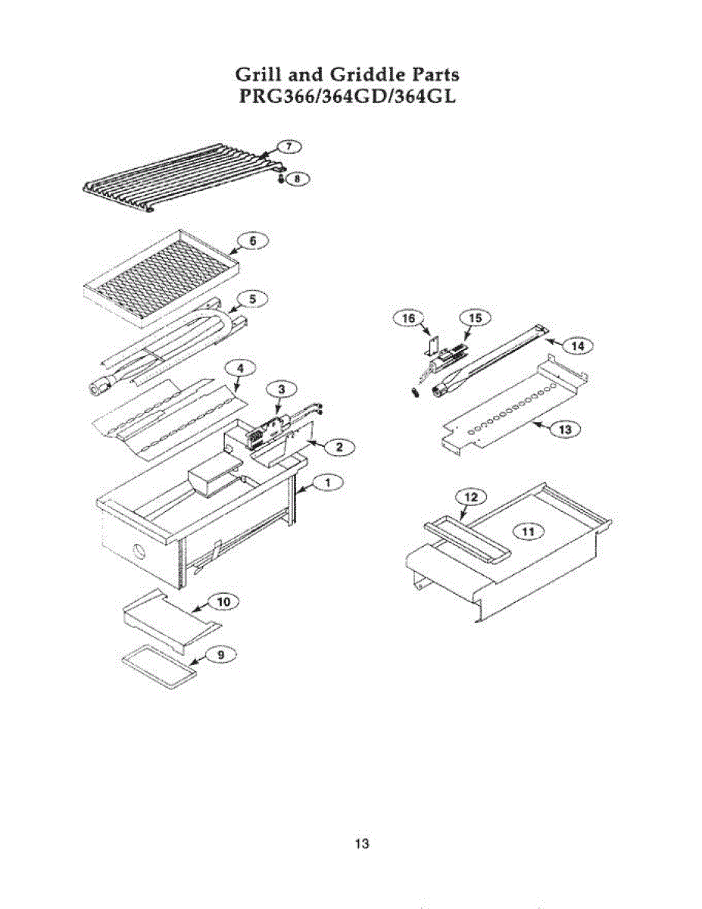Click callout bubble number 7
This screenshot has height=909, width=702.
[288, 145]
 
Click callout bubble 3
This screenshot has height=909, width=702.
[281, 389]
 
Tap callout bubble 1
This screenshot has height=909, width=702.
[327, 481]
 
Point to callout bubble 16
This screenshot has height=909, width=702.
[408, 319]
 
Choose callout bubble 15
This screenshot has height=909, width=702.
[475, 317]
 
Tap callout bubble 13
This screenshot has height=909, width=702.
[565, 429]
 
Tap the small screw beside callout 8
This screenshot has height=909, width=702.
[281, 179]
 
